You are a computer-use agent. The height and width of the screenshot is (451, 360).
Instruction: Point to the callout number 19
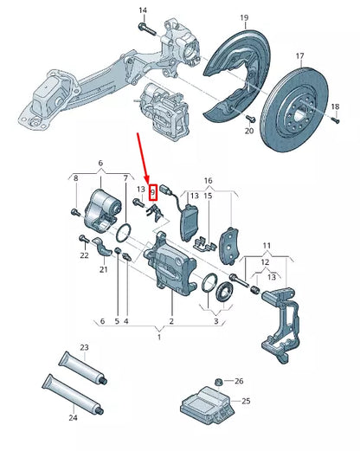244,17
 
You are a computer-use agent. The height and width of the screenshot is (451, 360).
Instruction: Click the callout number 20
248,131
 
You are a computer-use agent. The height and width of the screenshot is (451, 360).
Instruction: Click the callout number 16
207,180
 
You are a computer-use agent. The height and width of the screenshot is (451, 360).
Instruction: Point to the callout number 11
266,247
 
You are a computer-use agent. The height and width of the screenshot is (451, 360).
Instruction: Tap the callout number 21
103,269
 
